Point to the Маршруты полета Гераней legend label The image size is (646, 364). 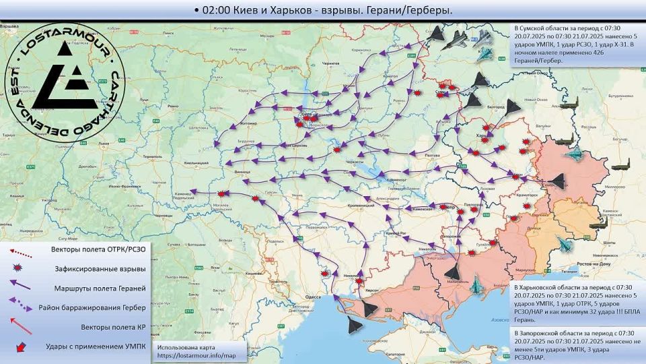99,288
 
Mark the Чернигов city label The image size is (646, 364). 328,61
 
